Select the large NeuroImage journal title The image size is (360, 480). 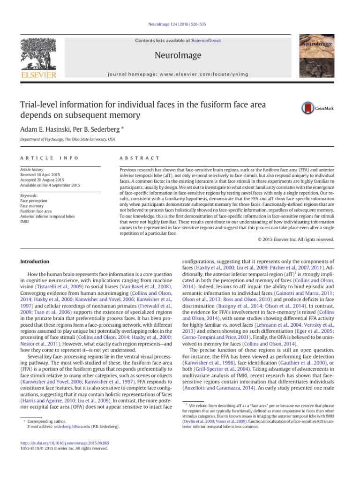pos(180,56)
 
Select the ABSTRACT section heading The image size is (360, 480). pos(140,158)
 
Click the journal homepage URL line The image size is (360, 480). pos(180,74)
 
